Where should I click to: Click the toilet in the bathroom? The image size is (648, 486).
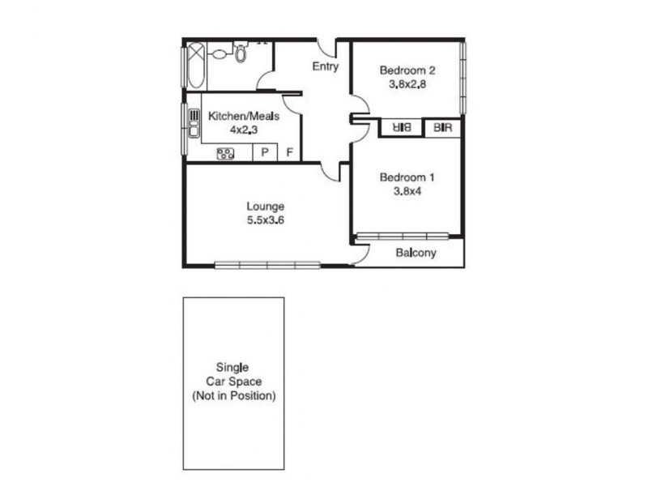(x=241, y=53)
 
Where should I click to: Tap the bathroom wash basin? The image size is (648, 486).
(x=220, y=54)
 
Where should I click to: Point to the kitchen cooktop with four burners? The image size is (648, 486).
(x=225, y=153)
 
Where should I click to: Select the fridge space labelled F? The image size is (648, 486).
(x=289, y=152)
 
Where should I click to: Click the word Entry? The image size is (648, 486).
(x=325, y=66)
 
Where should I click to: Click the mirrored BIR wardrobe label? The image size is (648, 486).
(x=401, y=128)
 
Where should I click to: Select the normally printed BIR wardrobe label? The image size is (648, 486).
(x=442, y=128)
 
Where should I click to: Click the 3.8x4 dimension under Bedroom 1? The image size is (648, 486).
(x=407, y=191)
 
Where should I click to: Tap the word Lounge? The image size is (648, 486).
(x=266, y=207)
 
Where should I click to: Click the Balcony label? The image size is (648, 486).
(x=416, y=253)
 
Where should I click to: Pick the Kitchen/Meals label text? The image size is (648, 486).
(x=244, y=117)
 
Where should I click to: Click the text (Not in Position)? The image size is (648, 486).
(x=233, y=396)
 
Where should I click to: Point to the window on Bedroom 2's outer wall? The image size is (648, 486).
(x=463, y=78)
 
